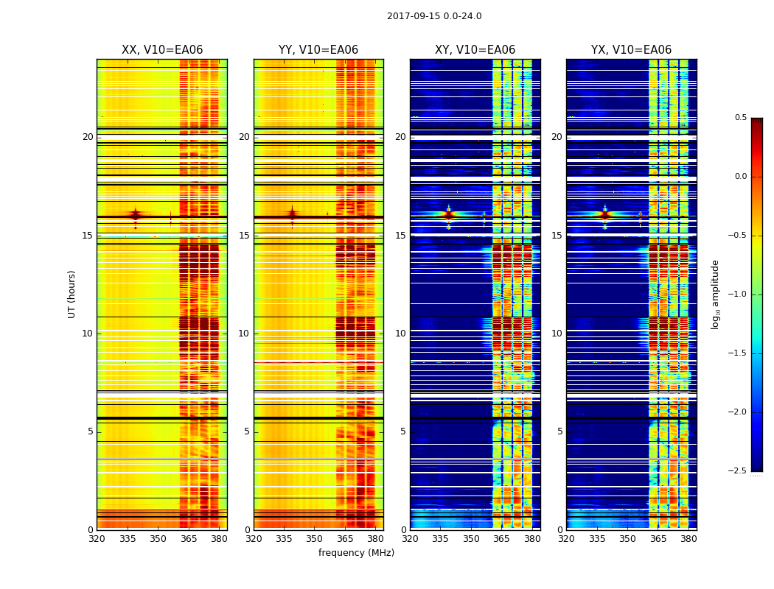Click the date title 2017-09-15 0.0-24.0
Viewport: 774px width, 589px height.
(434, 16)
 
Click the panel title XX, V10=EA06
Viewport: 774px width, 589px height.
(162, 50)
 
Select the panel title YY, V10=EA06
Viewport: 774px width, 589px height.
(318, 50)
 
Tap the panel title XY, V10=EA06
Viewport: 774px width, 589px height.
(475, 50)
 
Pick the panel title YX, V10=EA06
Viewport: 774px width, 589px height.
(631, 50)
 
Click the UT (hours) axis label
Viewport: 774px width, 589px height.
(72, 294)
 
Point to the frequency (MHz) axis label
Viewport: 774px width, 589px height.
(356, 553)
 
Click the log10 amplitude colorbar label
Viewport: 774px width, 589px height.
(715, 294)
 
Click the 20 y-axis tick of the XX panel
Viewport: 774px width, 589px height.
(88, 137)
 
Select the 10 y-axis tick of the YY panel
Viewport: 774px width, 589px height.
(244, 334)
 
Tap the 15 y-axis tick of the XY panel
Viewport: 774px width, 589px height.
(401, 236)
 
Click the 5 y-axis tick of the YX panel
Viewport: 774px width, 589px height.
(559, 431)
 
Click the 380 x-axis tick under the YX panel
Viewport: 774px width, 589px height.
(688, 538)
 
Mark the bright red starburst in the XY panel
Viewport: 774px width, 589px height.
(448, 215)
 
